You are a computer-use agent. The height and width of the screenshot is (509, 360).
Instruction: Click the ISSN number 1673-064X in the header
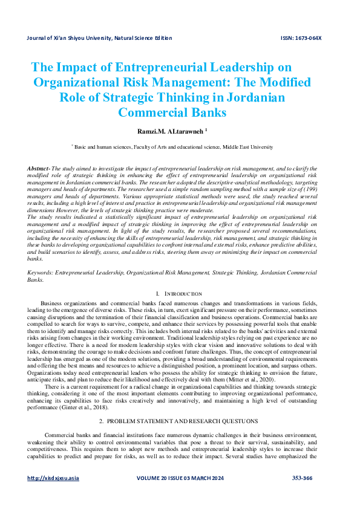tap(301, 38)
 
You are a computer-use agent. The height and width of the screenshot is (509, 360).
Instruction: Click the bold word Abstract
tap(39, 167)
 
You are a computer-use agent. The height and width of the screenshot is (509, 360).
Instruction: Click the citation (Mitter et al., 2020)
tap(247, 362)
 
